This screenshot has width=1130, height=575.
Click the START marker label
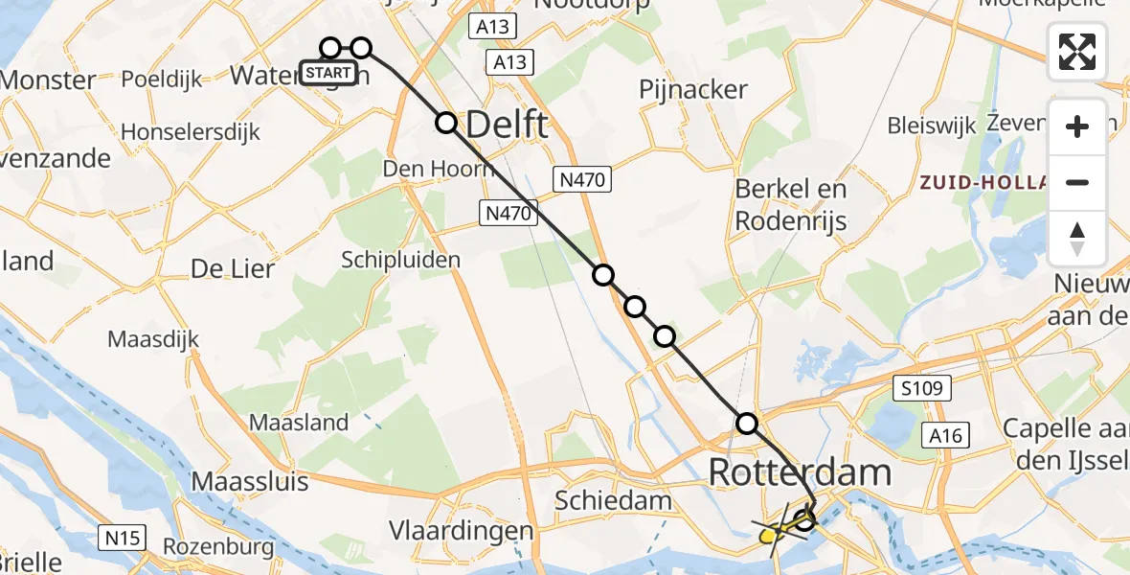pos(328,73)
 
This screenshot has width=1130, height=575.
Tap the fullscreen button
pos(1077,52)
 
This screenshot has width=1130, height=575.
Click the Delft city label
pos(507,125)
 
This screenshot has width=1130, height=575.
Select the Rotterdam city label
pos(800,472)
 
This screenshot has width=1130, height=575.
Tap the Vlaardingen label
pos(461,530)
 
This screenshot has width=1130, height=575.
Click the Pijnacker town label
pos(693,90)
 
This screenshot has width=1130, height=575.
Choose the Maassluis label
pos(250,480)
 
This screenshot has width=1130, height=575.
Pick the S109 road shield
pos(924,389)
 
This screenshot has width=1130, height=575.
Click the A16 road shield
pos(949,437)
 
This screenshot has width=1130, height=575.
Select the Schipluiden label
pos(401,260)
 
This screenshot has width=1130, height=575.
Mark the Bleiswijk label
pos(931,126)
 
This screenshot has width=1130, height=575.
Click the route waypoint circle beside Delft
pos(446,123)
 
